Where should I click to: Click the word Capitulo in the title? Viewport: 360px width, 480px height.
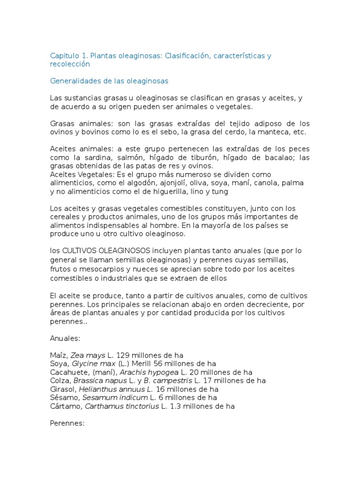65,56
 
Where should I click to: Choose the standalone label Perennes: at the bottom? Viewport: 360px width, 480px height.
67,423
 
